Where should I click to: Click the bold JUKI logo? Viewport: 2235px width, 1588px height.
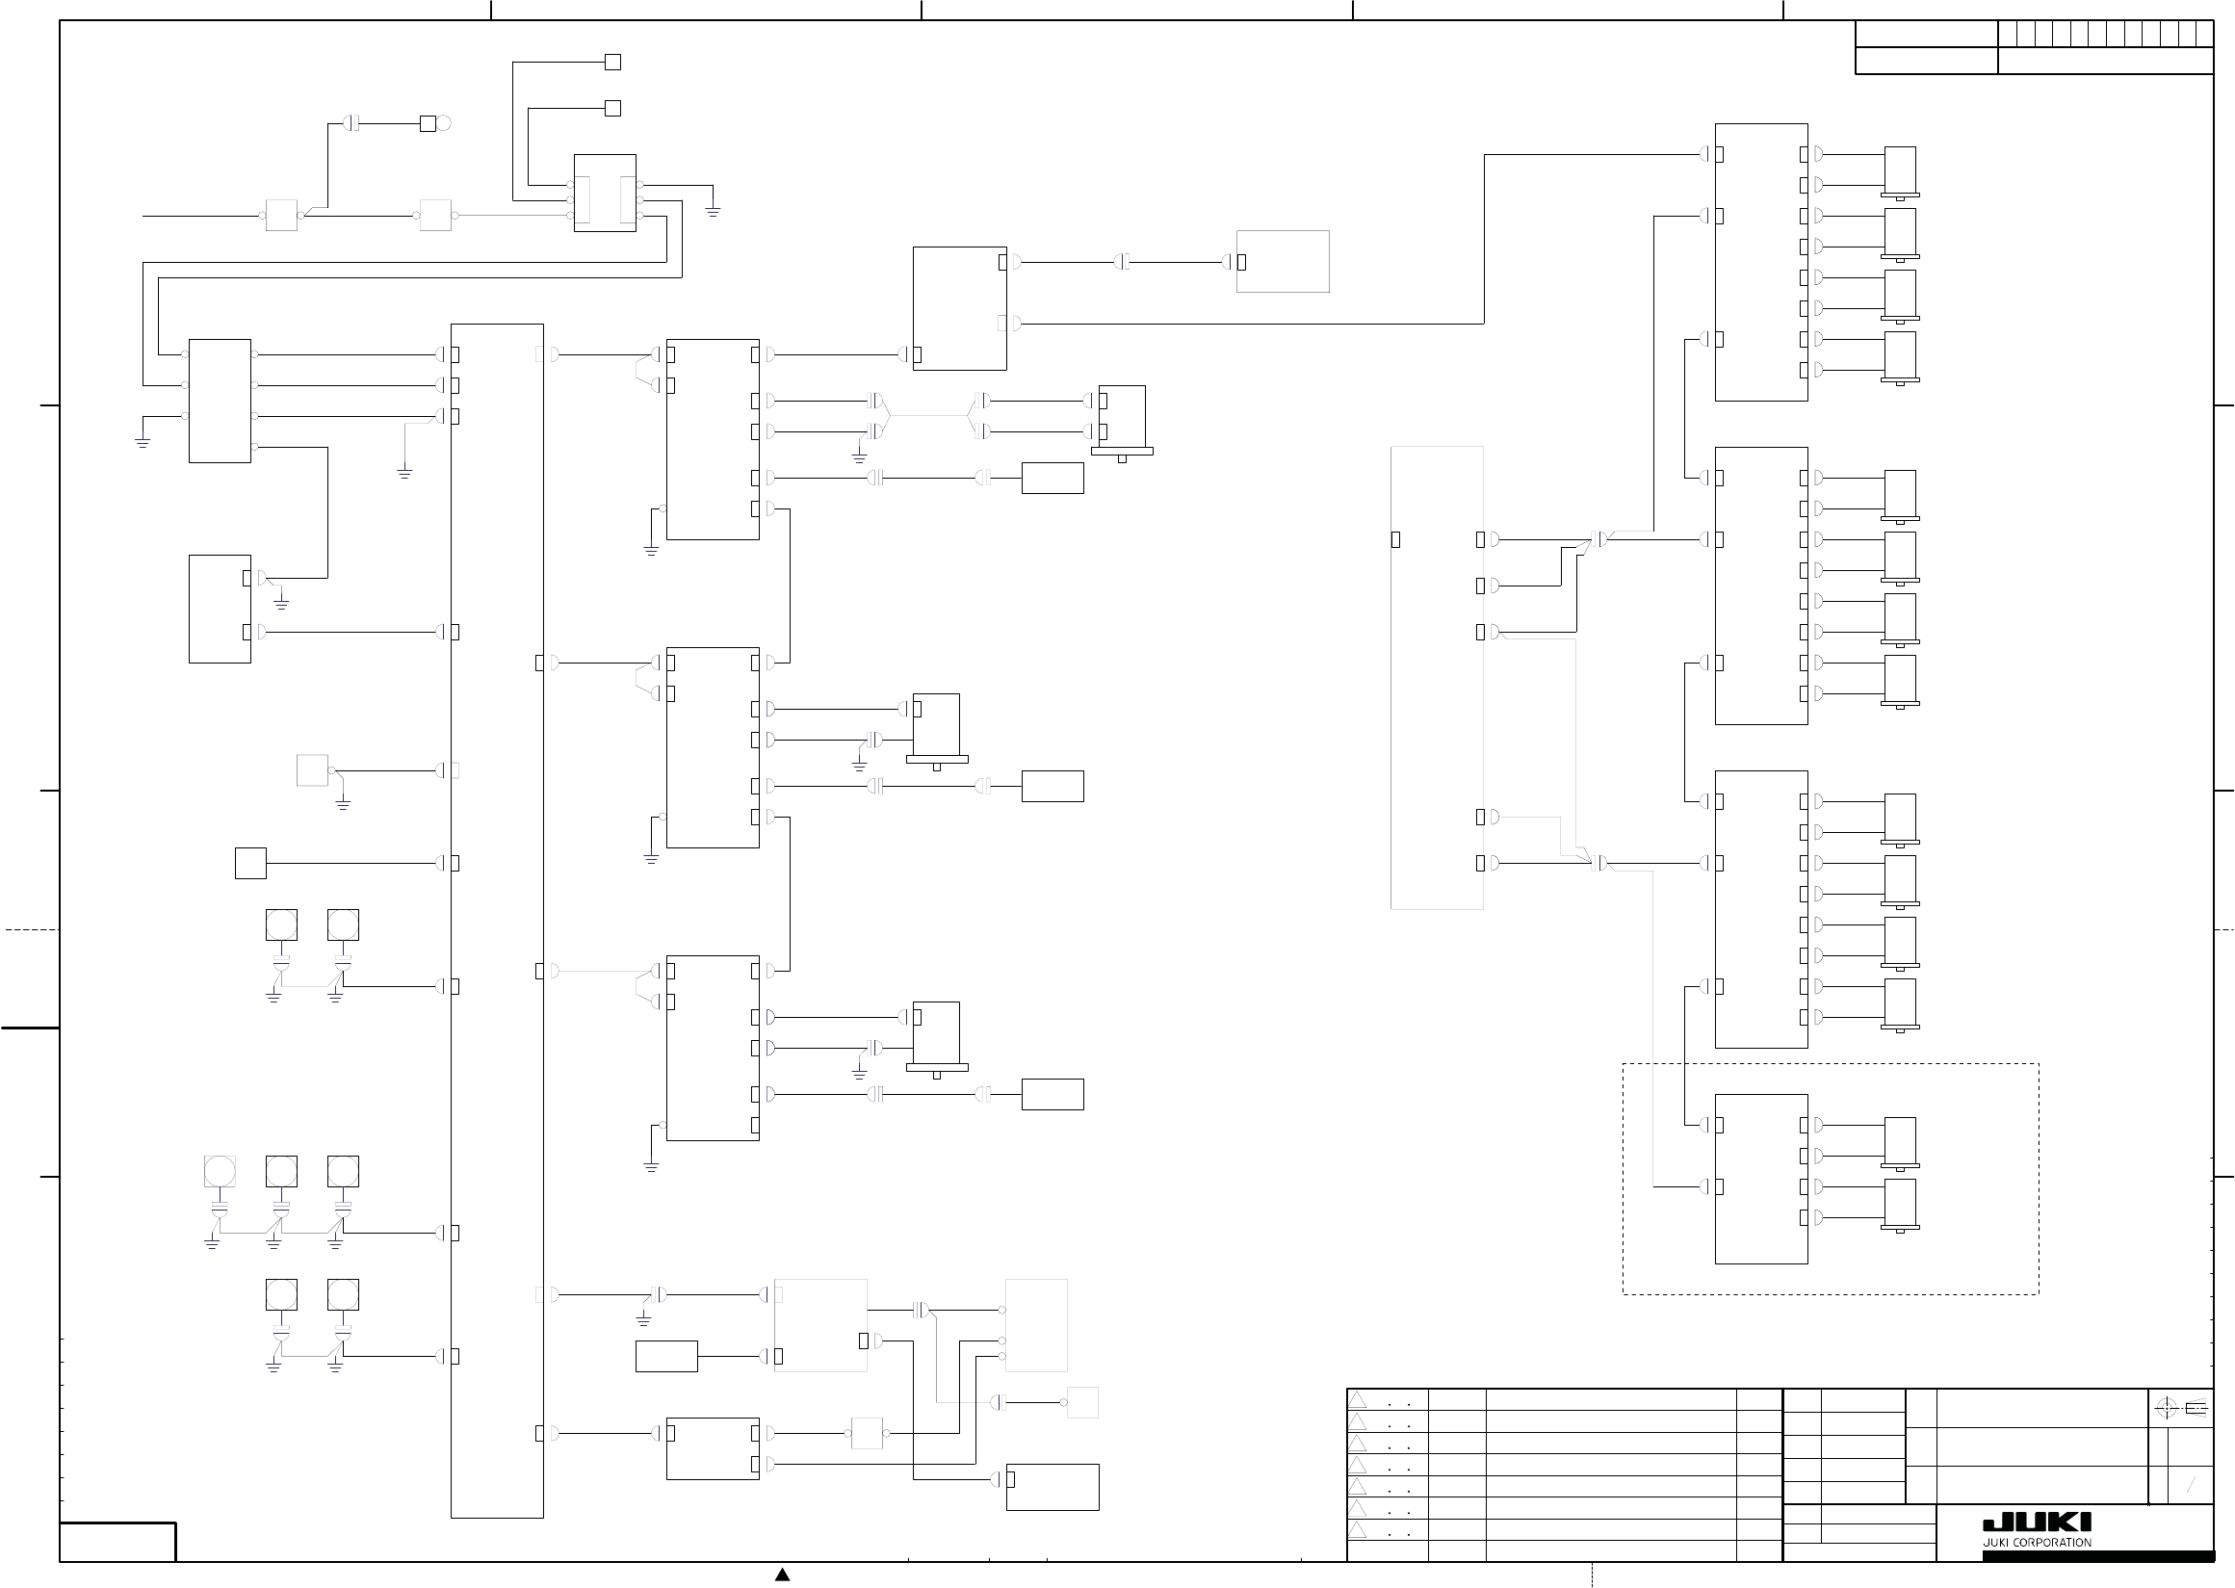point(2037,1523)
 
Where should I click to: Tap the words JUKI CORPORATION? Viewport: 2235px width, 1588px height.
point(2037,1543)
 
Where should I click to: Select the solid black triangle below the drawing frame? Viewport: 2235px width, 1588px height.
point(782,1575)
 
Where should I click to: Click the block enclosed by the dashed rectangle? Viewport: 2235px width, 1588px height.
point(1761,1180)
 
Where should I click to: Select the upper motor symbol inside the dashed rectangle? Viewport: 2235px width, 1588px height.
point(1900,1143)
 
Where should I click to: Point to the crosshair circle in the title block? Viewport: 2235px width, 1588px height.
point(2166,1408)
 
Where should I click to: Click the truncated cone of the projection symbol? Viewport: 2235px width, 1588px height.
point(2196,1409)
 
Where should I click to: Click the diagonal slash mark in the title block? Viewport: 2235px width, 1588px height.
point(2191,1486)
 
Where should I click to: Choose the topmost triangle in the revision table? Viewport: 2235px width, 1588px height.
point(1358,1400)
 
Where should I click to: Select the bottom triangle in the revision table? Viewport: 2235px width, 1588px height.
point(1358,1530)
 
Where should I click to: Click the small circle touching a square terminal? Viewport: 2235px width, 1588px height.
point(444,123)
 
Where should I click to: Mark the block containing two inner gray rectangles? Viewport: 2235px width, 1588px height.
point(605,193)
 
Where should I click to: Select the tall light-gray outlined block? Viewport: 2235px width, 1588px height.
point(1438,678)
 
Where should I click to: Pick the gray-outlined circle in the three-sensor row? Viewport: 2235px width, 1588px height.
point(220,1170)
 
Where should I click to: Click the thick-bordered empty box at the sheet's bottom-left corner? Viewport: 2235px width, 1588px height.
point(117,1542)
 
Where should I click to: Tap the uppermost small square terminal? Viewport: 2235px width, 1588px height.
point(613,62)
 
